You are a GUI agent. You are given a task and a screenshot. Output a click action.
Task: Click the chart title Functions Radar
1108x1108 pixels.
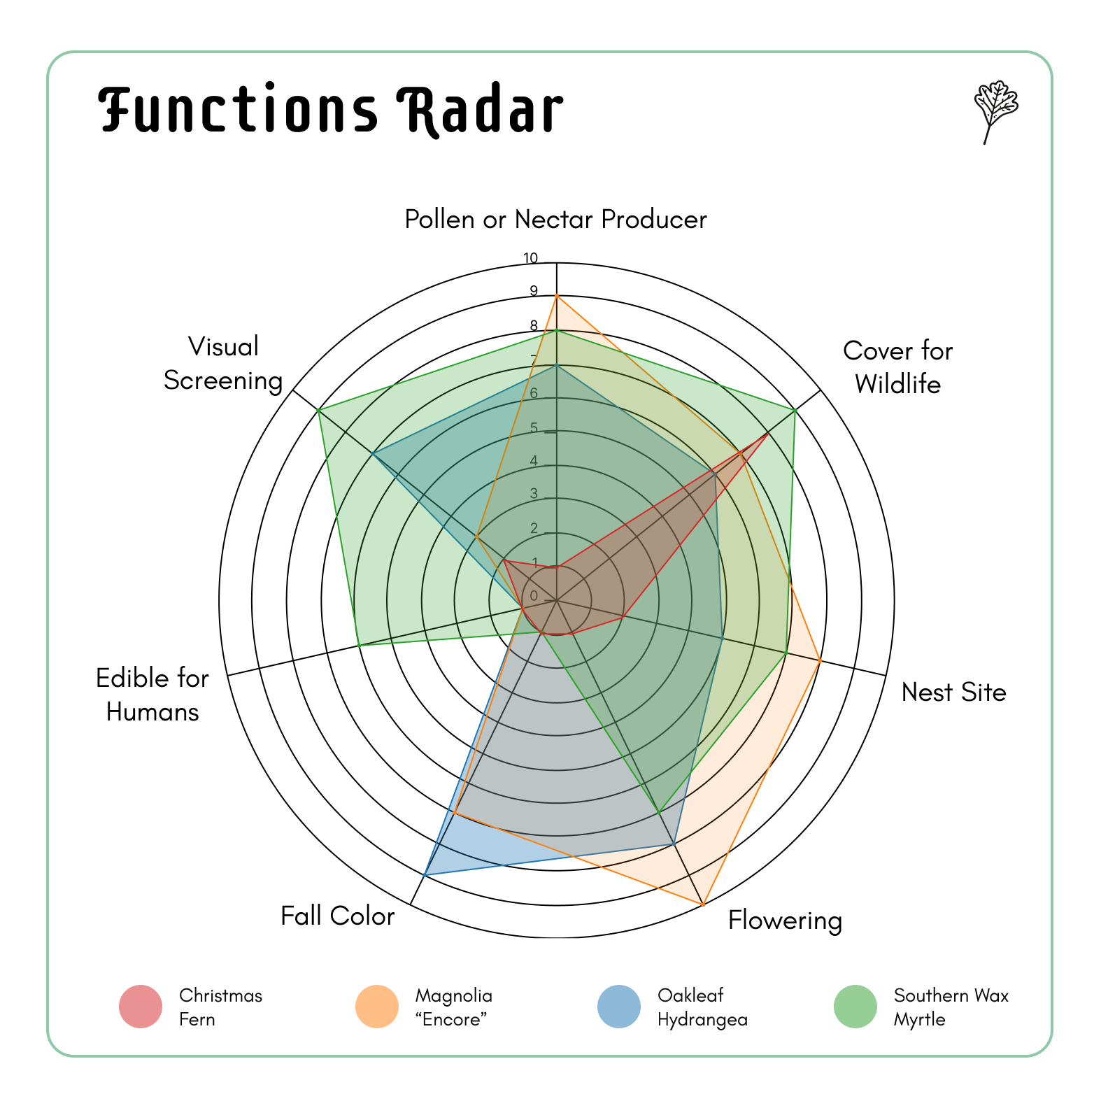coord(330,110)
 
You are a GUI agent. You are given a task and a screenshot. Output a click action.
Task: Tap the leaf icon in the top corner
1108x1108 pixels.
coord(995,111)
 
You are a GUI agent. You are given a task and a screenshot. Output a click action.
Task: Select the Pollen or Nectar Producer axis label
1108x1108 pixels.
coord(555,220)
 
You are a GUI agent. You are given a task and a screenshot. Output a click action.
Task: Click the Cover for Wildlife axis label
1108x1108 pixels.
coord(897,367)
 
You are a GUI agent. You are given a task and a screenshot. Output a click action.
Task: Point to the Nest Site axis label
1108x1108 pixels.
coord(953,692)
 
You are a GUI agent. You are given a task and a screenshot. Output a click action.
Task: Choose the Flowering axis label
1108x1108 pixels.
coord(785,921)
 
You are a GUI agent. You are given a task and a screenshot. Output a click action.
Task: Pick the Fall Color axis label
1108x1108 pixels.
coord(337,916)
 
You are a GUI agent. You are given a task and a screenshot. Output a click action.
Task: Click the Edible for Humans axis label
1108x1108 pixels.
coord(152,695)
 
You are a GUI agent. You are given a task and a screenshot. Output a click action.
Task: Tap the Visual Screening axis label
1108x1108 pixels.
coord(223,363)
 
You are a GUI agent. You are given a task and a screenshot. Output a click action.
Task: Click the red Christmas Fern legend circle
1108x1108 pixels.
coord(141,1007)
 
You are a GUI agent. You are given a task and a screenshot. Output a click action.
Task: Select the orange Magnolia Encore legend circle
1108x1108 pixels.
coord(377,1007)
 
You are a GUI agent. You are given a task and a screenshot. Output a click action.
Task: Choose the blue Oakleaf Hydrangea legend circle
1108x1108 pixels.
coord(619,1007)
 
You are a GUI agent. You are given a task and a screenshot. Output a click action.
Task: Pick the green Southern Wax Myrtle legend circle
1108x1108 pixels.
coord(855,1007)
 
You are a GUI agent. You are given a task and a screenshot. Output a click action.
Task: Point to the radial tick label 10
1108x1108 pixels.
coord(531,259)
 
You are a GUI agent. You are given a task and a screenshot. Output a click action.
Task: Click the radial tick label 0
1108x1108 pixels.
coord(534,596)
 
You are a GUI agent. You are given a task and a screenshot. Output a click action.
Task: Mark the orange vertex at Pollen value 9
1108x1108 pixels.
coord(556,296)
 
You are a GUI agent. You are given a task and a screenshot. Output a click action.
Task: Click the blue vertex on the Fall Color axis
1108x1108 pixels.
coord(425,874)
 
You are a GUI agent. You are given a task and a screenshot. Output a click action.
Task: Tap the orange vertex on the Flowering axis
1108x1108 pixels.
coord(703,905)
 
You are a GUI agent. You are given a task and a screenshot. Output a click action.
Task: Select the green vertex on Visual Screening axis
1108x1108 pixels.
coord(318,410)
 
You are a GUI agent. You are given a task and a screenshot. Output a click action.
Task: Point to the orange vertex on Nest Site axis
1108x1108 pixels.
coord(820,660)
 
